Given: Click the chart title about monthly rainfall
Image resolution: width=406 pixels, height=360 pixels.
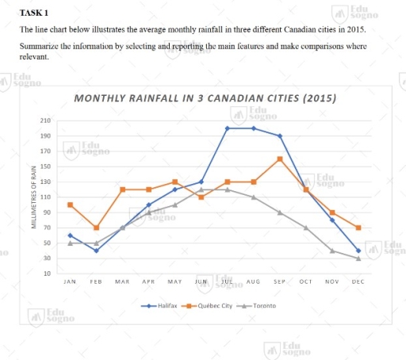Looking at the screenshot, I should (205, 99).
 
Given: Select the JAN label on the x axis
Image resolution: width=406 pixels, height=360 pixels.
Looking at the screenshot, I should (70, 281).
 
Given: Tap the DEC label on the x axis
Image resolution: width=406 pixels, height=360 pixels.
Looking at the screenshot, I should (358, 281).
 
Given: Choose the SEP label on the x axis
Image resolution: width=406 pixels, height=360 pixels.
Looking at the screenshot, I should (279, 281).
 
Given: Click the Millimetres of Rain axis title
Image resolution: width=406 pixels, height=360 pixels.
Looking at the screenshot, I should (33, 197).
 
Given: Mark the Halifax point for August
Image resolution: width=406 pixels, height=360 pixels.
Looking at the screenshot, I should (253, 128).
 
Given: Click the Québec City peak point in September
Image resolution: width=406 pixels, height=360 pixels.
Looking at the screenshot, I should (279, 159).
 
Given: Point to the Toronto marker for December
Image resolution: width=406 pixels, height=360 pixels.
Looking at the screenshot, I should (358, 259).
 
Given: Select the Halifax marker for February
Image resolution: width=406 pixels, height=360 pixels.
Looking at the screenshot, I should (96, 251).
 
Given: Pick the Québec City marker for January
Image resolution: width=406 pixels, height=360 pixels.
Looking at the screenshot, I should (70, 205).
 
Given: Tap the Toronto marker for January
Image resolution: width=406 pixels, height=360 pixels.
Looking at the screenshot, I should (70, 243).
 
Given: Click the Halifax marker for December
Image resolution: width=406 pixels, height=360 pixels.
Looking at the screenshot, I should (358, 251).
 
